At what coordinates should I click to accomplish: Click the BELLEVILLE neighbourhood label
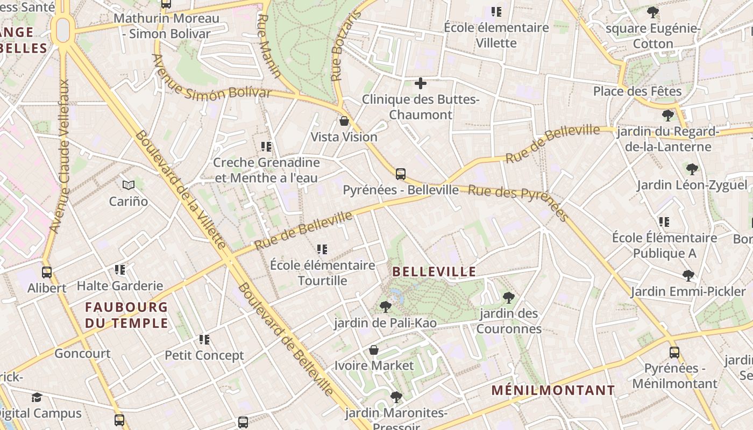coord(434,272)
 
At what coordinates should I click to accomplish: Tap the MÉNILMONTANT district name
coord(553,390)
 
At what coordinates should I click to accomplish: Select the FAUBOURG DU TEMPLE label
coord(126,315)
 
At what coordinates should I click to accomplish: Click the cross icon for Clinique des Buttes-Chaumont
coord(421,83)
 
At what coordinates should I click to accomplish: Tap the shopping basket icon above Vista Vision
coord(344,121)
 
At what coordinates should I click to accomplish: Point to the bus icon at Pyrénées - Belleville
coord(401,174)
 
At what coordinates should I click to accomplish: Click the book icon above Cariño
coord(128,185)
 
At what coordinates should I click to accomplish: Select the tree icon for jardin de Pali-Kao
coord(385,307)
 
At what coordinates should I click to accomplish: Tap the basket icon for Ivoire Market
coord(374,350)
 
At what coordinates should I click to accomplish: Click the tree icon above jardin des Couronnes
coord(508,297)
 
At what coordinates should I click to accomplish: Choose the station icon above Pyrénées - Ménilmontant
coord(674,353)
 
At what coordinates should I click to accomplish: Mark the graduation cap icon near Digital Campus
coord(37,397)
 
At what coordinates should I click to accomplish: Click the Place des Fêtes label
coord(637,91)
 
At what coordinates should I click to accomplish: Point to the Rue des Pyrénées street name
coord(517,201)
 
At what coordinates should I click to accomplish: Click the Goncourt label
coord(82,354)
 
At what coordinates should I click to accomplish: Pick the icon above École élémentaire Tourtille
coord(322,249)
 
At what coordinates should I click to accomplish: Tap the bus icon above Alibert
coord(47,272)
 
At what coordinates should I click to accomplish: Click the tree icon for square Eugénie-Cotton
coord(653,12)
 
